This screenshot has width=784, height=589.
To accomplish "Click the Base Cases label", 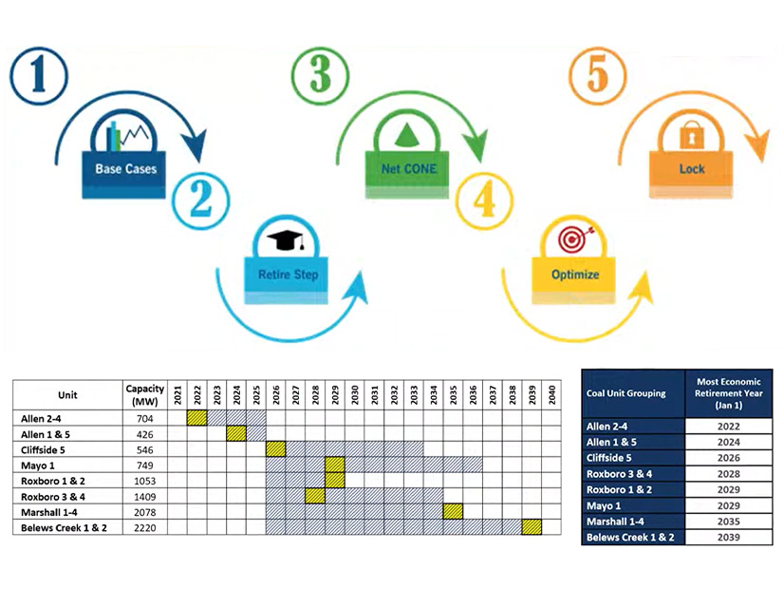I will point(126,170).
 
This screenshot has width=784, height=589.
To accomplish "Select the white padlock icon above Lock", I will point(692,138).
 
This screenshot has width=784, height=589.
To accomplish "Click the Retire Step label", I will point(289,275).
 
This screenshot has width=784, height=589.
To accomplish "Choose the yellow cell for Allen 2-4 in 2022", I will point(196,417).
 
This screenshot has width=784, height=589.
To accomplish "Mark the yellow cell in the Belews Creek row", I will point(532,527).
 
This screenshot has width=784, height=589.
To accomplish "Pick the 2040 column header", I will point(551,394).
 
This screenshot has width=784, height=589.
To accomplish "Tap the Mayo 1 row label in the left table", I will point(39,465).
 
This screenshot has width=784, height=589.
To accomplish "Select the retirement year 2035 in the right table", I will point(729,520).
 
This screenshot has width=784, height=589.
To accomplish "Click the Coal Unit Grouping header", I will point(626,393).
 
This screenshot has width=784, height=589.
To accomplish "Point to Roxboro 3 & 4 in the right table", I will point(627,473).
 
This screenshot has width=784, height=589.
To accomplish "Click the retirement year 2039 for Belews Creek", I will point(729,536).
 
